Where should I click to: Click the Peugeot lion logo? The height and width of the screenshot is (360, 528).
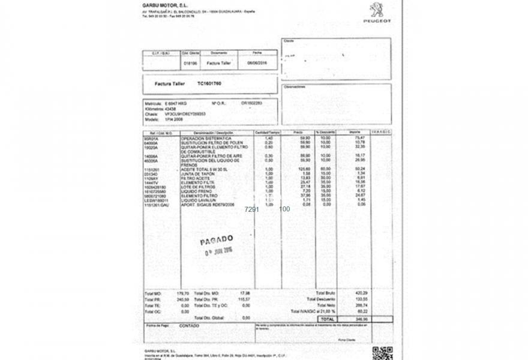[x=377, y=10]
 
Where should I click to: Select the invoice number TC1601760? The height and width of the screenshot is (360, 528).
[x=209, y=83]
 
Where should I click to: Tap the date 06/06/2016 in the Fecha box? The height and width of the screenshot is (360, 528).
[x=257, y=62]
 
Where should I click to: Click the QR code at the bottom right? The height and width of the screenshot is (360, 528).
[x=382, y=353]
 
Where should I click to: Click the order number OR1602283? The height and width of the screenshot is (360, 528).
[x=252, y=103]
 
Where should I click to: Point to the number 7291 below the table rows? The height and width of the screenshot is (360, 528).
[x=252, y=209]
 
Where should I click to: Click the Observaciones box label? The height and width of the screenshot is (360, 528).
[x=292, y=86]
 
